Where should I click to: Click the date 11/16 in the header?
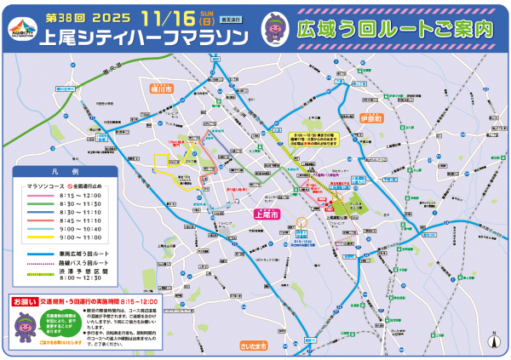174,18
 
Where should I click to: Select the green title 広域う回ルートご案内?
392,29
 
